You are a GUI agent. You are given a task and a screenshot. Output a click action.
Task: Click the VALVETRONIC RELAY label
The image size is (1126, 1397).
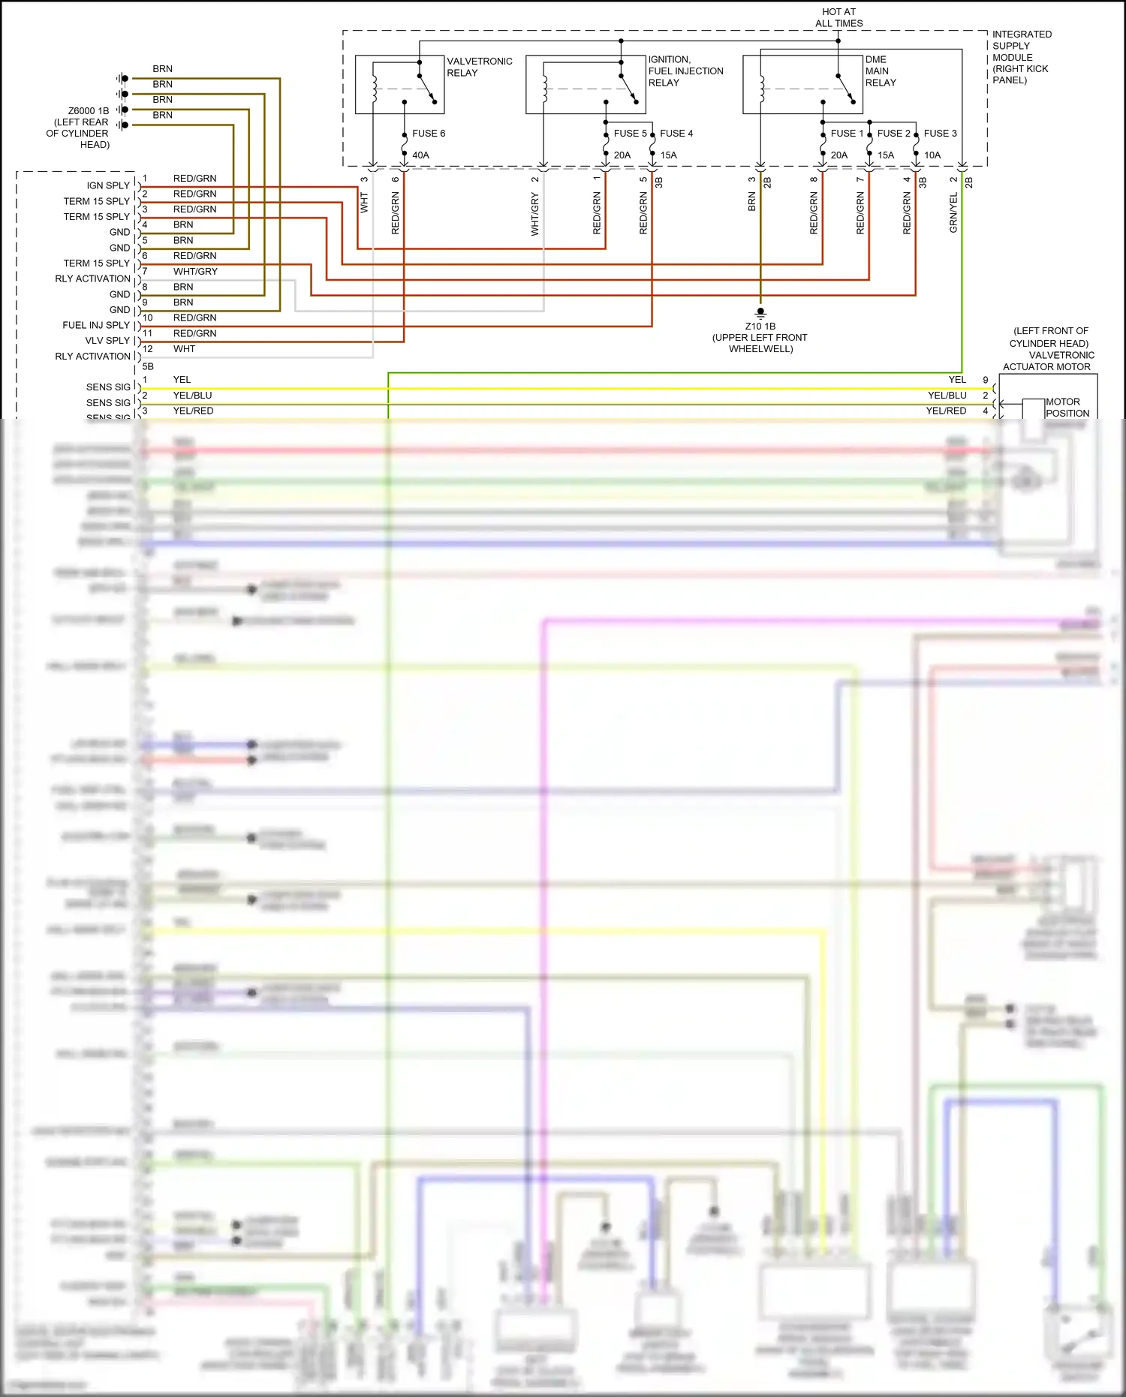(x=479, y=67)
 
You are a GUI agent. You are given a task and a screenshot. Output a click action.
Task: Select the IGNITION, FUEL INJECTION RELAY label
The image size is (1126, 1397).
(x=685, y=71)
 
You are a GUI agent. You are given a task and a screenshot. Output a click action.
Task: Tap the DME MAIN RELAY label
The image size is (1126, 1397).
(x=880, y=71)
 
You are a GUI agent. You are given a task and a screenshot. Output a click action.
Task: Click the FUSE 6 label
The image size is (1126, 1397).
(x=428, y=134)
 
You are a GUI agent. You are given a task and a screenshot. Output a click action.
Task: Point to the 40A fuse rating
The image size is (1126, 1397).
(x=420, y=155)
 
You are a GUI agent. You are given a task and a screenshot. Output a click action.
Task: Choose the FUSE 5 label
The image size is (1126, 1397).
(x=630, y=134)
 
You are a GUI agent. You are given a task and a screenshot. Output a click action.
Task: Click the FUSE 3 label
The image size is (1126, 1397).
(x=940, y=134)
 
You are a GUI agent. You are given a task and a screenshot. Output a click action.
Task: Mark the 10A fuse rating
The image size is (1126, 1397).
(x=932, y=155)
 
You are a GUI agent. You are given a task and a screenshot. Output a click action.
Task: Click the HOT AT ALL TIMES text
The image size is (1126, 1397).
(x=838, y=17)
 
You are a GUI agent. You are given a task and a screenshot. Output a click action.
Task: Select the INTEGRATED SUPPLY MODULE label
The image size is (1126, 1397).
(x=1021, y=57)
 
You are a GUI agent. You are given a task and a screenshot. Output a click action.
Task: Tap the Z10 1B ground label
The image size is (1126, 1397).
(x=760, y=337)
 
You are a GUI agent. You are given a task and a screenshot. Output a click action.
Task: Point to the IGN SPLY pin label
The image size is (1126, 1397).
(x=108, y=185)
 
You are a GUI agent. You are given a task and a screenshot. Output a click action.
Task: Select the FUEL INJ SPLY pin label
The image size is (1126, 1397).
(x=96, y=325)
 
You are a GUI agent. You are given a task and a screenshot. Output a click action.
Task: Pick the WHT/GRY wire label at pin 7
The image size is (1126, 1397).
(x=195, y=272)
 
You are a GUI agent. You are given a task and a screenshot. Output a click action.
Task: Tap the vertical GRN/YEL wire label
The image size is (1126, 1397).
(x=953, y=212)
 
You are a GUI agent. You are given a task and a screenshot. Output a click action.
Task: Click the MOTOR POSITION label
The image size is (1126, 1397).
(x=1067, y=408)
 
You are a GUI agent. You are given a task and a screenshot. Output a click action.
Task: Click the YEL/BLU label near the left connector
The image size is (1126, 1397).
(x=192, y=396)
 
